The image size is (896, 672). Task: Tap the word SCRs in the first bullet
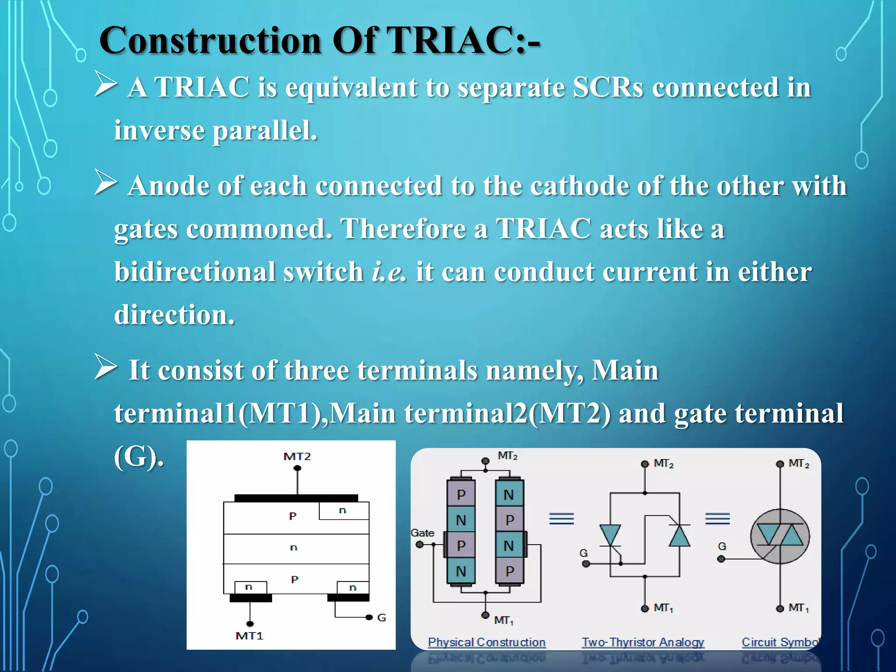coord(608,87)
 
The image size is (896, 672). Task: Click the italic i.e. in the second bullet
coord(388,272)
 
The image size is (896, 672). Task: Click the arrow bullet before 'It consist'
coord(105,367)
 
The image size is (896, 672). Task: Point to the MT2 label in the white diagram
coord(297,456)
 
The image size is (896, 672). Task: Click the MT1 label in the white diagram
coord(249,636)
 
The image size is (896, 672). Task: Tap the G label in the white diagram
coord(381,617)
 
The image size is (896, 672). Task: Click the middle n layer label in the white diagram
coord(294,547)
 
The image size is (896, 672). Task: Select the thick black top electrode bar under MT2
coord(296,498)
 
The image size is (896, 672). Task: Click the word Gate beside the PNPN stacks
coord(422,533)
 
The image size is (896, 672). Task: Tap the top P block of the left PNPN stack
coord(461,494)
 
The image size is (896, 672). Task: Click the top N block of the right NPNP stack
coord(509,494)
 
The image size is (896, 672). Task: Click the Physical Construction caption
coord(486,642)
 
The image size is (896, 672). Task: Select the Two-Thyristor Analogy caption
coord(643,642)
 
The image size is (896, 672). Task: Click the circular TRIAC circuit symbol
coord(780,536)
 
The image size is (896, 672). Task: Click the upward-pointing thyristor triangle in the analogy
coord(679,535)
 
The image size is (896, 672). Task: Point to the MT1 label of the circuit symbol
coord(798,608)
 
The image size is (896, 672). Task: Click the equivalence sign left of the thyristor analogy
coord(561,518)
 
